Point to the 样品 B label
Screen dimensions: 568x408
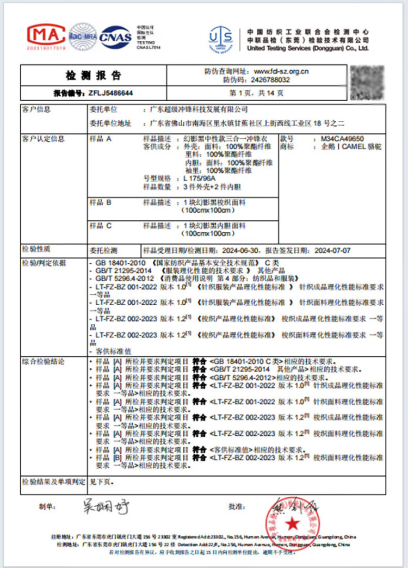(x=101, y=202)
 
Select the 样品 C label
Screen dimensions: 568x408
(x=101, y=225)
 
